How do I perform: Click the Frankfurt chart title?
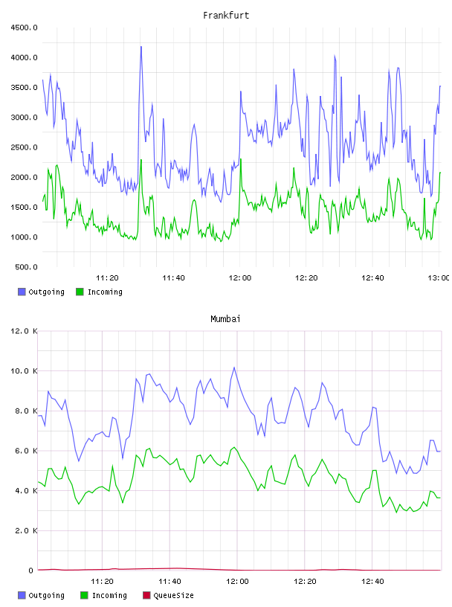click(226, 16)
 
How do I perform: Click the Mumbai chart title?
click(225, 319)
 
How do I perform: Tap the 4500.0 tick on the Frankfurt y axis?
click(24, 28)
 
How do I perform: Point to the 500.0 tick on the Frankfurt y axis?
click(26, 267)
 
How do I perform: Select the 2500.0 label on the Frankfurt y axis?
click(24, 147)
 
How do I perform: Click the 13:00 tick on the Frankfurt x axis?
click(439, 278)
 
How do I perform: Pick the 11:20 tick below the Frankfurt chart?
click(107, 278)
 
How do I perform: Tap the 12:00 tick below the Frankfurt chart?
click(240, 278)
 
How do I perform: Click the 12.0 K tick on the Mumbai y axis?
click(24, 331)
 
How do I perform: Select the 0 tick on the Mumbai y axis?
click(31, 571)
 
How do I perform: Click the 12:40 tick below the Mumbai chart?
click(372, 582)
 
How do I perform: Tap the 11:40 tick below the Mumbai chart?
click(170, 582)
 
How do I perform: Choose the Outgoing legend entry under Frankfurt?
click(41, 292)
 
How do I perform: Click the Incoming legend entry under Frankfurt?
click(100, 292)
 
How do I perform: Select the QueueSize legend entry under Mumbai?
click(168, 595)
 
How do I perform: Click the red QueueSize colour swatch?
click(146, 595)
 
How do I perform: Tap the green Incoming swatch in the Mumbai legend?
click(84, 595)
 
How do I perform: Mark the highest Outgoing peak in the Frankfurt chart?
click(141, 47)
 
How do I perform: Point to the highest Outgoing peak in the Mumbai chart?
click(234, 367)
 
